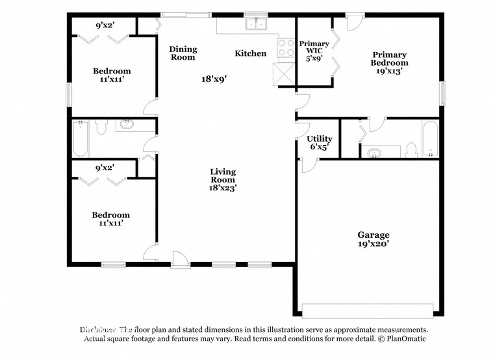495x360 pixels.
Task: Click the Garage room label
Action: [x=373, y=239]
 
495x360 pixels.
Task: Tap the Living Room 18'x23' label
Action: [x=223, y=179]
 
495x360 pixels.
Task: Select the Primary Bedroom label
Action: [x=389, y=63]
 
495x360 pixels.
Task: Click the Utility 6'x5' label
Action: [x=319, y=142]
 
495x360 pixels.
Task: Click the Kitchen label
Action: [x=250, y=53]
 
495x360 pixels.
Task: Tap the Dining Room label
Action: [x=183, y=53]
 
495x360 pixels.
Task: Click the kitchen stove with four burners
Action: [x=286, y=47]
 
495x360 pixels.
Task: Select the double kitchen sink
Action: [x=256, y=25]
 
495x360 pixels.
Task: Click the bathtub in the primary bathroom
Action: [x=430, y=139]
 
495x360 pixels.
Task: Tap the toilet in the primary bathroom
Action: [x=411, y=150]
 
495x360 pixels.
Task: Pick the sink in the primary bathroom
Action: [x=374, y=153]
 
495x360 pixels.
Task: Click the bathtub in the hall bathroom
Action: [x=81, y=138]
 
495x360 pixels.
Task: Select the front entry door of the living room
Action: [x=180, y=260]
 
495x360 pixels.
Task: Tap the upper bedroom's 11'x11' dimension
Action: [x=111, y=81]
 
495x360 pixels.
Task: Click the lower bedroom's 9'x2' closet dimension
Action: [x=105, y=168]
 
